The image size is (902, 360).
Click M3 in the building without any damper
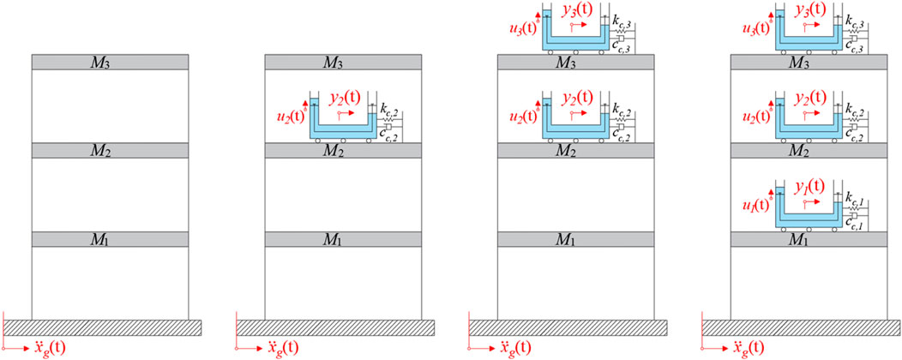coord(110,63)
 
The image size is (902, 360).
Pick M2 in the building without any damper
coord(110,151)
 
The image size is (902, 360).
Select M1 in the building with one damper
coord(343,238)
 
